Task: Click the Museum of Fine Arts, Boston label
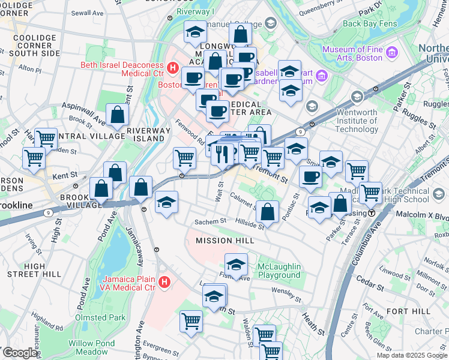tap(352, 53)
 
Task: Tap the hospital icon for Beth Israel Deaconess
tap(173, 68)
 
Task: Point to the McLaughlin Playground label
tap(279, 271)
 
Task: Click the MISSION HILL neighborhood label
tap(221, 241)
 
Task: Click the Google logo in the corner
tap(19, 353)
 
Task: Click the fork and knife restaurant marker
tap(223, 154)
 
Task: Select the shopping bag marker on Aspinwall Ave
tap(117, 114)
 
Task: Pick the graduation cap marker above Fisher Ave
tap(236, 264)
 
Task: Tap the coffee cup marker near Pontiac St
tap(310, 176)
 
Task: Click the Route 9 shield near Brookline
tap(46, 211)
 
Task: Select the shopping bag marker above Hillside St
tap(267, 211)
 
